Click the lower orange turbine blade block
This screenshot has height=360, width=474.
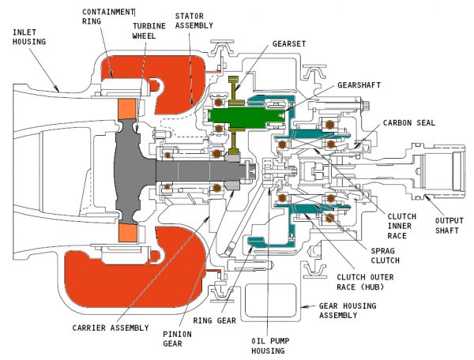(126, 232)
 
